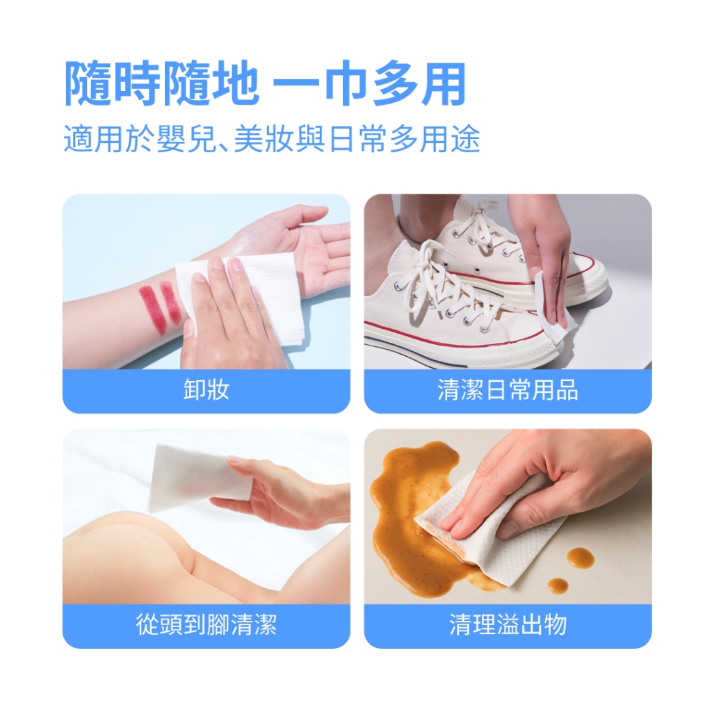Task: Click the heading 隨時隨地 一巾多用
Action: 266,83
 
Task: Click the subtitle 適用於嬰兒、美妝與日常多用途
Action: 272,138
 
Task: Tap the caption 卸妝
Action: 206,390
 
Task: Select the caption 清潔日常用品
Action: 508,390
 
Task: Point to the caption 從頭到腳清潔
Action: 206,625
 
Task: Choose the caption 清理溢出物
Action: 508,625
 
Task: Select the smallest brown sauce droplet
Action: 558,585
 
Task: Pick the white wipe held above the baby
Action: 200,477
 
